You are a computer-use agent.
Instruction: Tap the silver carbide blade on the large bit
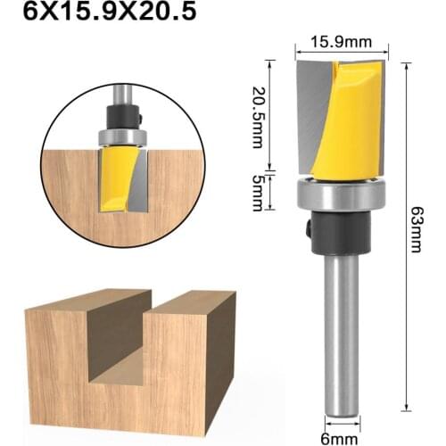click(309, 116)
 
